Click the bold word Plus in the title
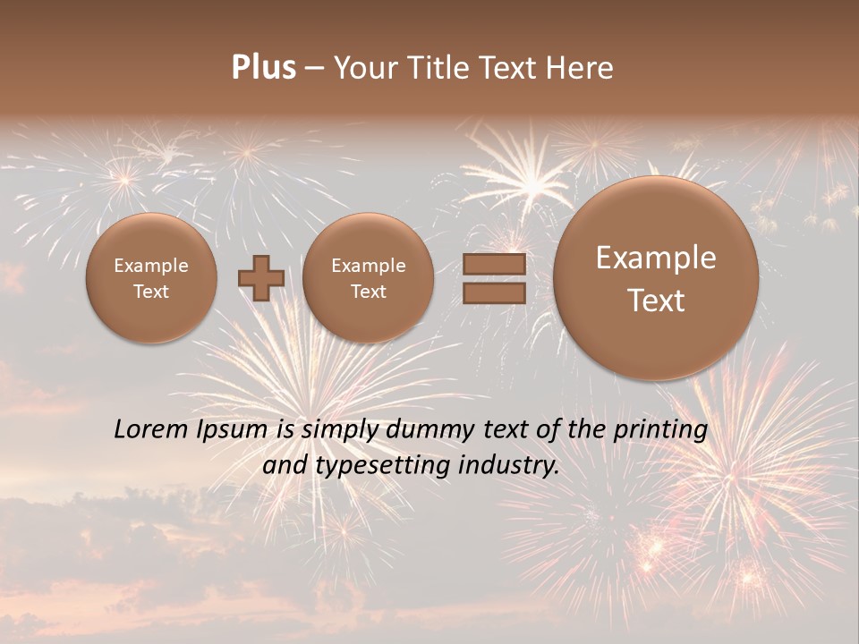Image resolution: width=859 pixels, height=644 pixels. click(263, 68)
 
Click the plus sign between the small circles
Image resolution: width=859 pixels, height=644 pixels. click(261, 278)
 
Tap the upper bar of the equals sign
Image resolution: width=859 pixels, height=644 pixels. click(493, 265)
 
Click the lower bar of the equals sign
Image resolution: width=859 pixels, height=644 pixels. click(493, 293)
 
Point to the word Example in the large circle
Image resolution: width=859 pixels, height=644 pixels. click(656, 258)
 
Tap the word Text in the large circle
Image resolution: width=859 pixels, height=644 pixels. click(656, 301)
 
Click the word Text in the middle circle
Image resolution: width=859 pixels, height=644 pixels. click(368, 292)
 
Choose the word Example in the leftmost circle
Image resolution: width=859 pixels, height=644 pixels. click(151, 266)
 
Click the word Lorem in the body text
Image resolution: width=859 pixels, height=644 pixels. click(150, 430)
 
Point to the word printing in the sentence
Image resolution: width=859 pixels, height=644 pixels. click(661, 430)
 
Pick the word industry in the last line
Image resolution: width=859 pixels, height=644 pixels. click(509, 466)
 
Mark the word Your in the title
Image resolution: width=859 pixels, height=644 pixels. click(365, 68)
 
